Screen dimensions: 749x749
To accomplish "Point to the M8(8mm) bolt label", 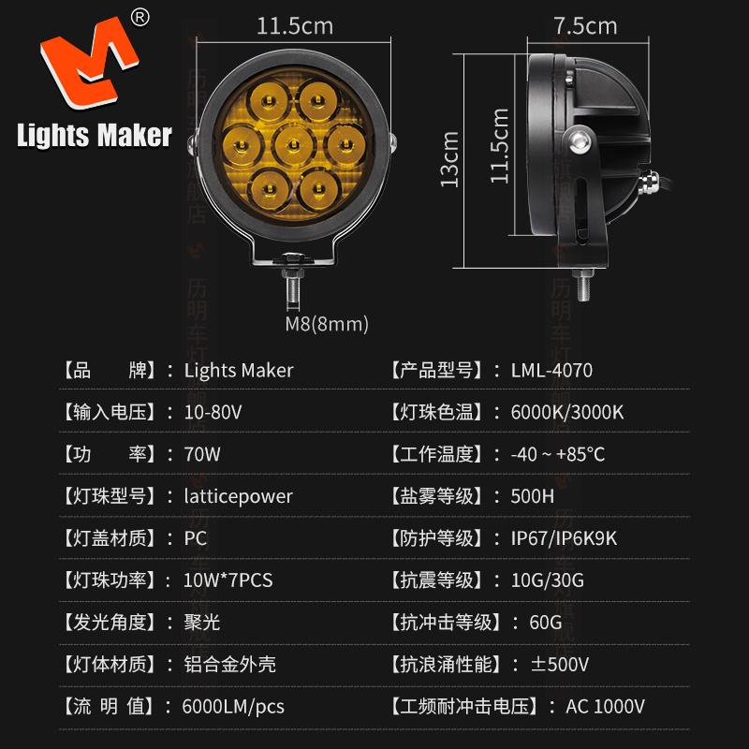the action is (327, 325).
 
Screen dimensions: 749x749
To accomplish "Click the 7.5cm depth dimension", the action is (585, 25).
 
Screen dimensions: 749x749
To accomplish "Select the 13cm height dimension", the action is (450, 158).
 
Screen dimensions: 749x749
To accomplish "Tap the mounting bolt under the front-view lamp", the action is (294, 281).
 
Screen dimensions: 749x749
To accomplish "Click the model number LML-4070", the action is (551, 371).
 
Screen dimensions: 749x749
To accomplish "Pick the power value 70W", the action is (203, 455).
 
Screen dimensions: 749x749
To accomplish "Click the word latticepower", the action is (239, 496).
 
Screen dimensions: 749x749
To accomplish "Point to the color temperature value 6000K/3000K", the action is (567, 412).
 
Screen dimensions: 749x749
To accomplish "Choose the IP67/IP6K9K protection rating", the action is (564, 538).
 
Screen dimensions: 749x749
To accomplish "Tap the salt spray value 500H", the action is (533, 496).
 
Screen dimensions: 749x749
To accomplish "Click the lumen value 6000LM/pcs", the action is (233, 707).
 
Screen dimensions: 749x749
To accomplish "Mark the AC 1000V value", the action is (605, 707).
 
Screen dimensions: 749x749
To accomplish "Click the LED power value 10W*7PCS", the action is (228, 580).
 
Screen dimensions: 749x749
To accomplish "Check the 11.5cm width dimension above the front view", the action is (295, 25).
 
